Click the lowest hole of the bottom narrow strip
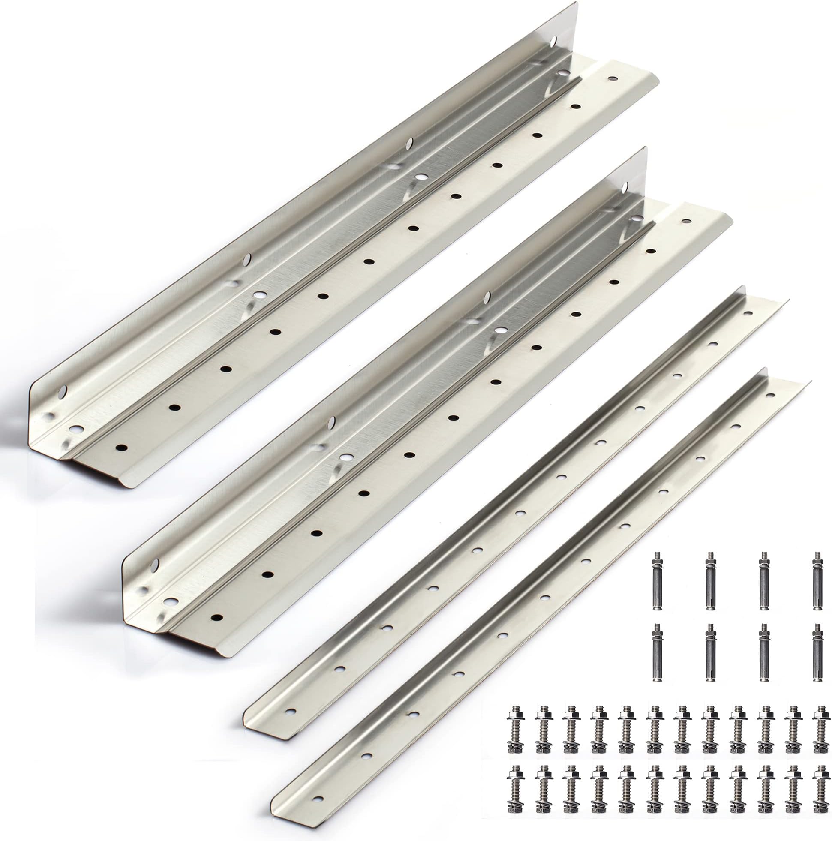click(x=319, y=811)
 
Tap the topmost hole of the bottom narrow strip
click(x=771, y=396)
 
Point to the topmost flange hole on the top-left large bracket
click(x=613, y=79)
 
